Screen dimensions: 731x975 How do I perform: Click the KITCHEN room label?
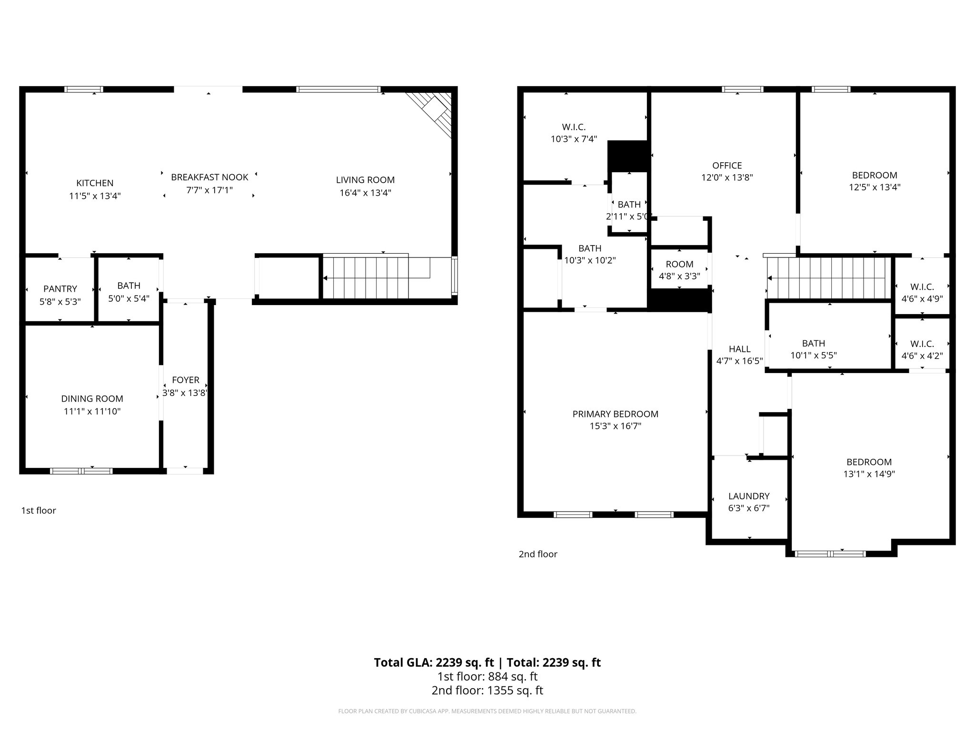pos(95,183)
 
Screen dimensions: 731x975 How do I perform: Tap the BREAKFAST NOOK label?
pos(209,178)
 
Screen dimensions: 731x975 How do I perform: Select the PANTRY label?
pos(60,289)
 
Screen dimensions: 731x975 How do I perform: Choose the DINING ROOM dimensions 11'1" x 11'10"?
pos(92,411)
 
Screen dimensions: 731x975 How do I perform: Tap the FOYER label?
pos(186,380)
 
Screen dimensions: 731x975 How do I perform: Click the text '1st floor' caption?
pos(39,511)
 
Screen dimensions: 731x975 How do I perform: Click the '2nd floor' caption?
pos(538,554)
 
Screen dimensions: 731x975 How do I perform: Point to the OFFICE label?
pos(727,166)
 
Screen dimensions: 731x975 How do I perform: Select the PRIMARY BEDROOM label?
pos(615,414)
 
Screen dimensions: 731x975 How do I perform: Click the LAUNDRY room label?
pos(748,496)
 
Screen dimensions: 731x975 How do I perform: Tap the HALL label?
pos(739,349)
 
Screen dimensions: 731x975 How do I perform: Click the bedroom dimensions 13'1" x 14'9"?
pos(869,474)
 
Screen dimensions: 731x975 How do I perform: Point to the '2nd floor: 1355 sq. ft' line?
pos(487,691)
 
